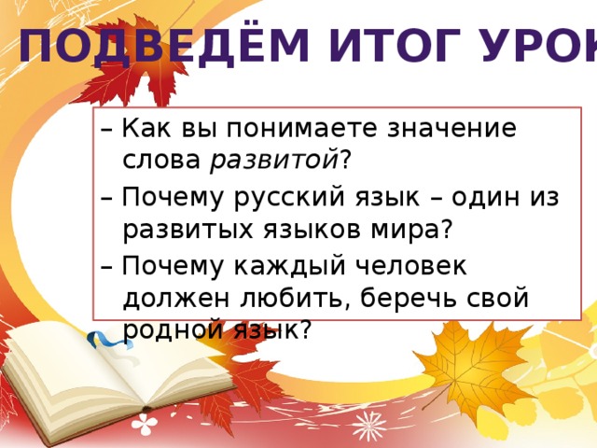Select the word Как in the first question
click(x=146, y=128)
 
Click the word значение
click(x=451, y=129)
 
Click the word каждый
click(x=289, y=265)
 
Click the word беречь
click(x=408, y=298)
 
